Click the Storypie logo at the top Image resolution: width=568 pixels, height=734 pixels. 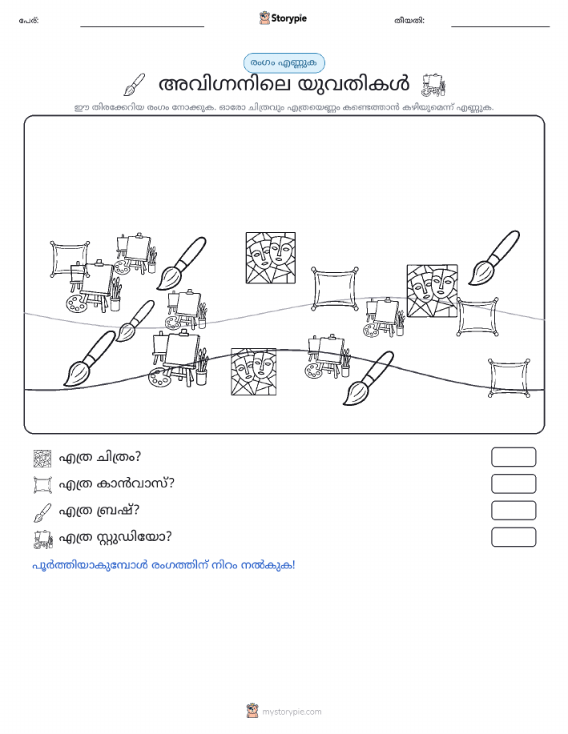pyautogui.click(x=283, y=18)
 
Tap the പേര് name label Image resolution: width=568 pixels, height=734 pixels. pyautogui.click(x=29, y=21)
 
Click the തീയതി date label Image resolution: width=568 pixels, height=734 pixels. pyautogui.click(x=409, y=21)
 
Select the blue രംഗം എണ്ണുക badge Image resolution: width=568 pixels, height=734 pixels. pyautogui.click(x=284, y=62)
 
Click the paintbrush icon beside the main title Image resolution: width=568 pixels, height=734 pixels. pyautogui.click(x=134, y=84)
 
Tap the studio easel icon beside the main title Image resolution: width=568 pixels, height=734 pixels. pyautogui.click(x=433, y=84)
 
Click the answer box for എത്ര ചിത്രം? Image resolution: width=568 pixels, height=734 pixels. pyautogui.click(x=514, y=457)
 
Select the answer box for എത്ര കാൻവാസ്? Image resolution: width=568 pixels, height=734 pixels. pyautogui.click(x=514, y=483)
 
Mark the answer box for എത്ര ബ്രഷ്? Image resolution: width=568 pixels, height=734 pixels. pyautogui.click(x=514, y=510)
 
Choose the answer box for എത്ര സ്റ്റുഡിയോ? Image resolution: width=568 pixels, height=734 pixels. pyautogui.click(x=514, y=537)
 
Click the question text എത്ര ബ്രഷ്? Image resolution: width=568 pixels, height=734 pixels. pyautogui.click(x=99, y=510)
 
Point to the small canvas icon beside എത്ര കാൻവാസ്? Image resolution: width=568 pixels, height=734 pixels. pyautogui.click(x=42, y=484)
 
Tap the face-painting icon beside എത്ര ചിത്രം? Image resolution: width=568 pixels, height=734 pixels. pyautogui.click(x=42, y=459)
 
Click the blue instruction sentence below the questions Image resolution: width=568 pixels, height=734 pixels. pyautogui.click(x=163, y=565)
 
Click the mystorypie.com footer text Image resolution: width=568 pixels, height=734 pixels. pyautogui.click(x=292, y=712)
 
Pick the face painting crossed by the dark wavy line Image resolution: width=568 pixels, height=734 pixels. pyautogui.click(x=253, y=371)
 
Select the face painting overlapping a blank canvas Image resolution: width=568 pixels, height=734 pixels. pyautogui.click(x=432, y=291)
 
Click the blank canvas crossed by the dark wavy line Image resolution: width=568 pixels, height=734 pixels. pyautogui.click(x=509, y=378)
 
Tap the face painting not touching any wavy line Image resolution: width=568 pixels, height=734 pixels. pyautogui.click(x=271, y=258)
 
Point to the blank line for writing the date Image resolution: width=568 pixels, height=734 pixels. pyautogui.click(x=500, y=26)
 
